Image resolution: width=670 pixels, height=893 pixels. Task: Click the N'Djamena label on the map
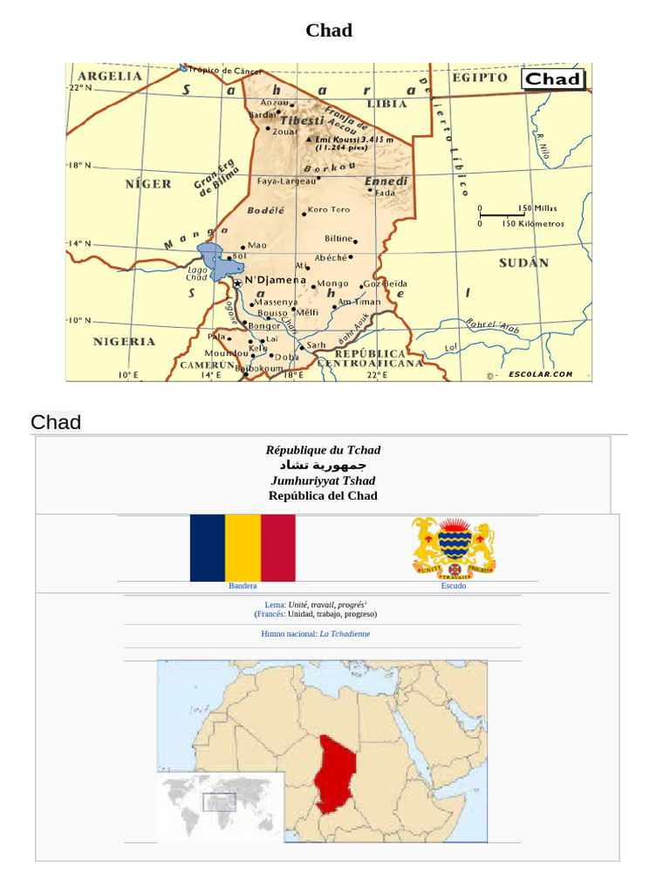tap(275, 280)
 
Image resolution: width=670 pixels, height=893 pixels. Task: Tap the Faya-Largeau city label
tap(286, 181)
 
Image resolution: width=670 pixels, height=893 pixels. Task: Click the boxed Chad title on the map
tap(553, 79)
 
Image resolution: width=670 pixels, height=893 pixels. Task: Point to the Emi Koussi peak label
tap(353, 140)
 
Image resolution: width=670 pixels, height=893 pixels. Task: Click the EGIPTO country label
tap(479, 78)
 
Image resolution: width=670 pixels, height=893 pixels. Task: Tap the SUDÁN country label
tap(523, 262)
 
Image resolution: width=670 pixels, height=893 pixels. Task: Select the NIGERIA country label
tap(124, 342)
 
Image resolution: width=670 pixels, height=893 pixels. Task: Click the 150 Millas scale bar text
tap(537, 208)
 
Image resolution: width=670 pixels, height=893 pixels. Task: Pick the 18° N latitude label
tap(79, 165)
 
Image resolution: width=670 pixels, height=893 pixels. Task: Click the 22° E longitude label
tap(376, 375)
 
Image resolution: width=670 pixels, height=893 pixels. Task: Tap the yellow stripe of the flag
tap(243, 548)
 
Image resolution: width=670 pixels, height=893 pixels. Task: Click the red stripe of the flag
tap(277, 548)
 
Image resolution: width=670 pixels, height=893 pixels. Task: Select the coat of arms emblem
tap(454, 547)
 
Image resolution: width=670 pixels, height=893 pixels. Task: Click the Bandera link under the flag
tap(243, 586)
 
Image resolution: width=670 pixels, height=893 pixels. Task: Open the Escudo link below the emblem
tap(454, 586)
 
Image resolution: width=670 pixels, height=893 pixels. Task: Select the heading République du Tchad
tap(323, 450)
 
